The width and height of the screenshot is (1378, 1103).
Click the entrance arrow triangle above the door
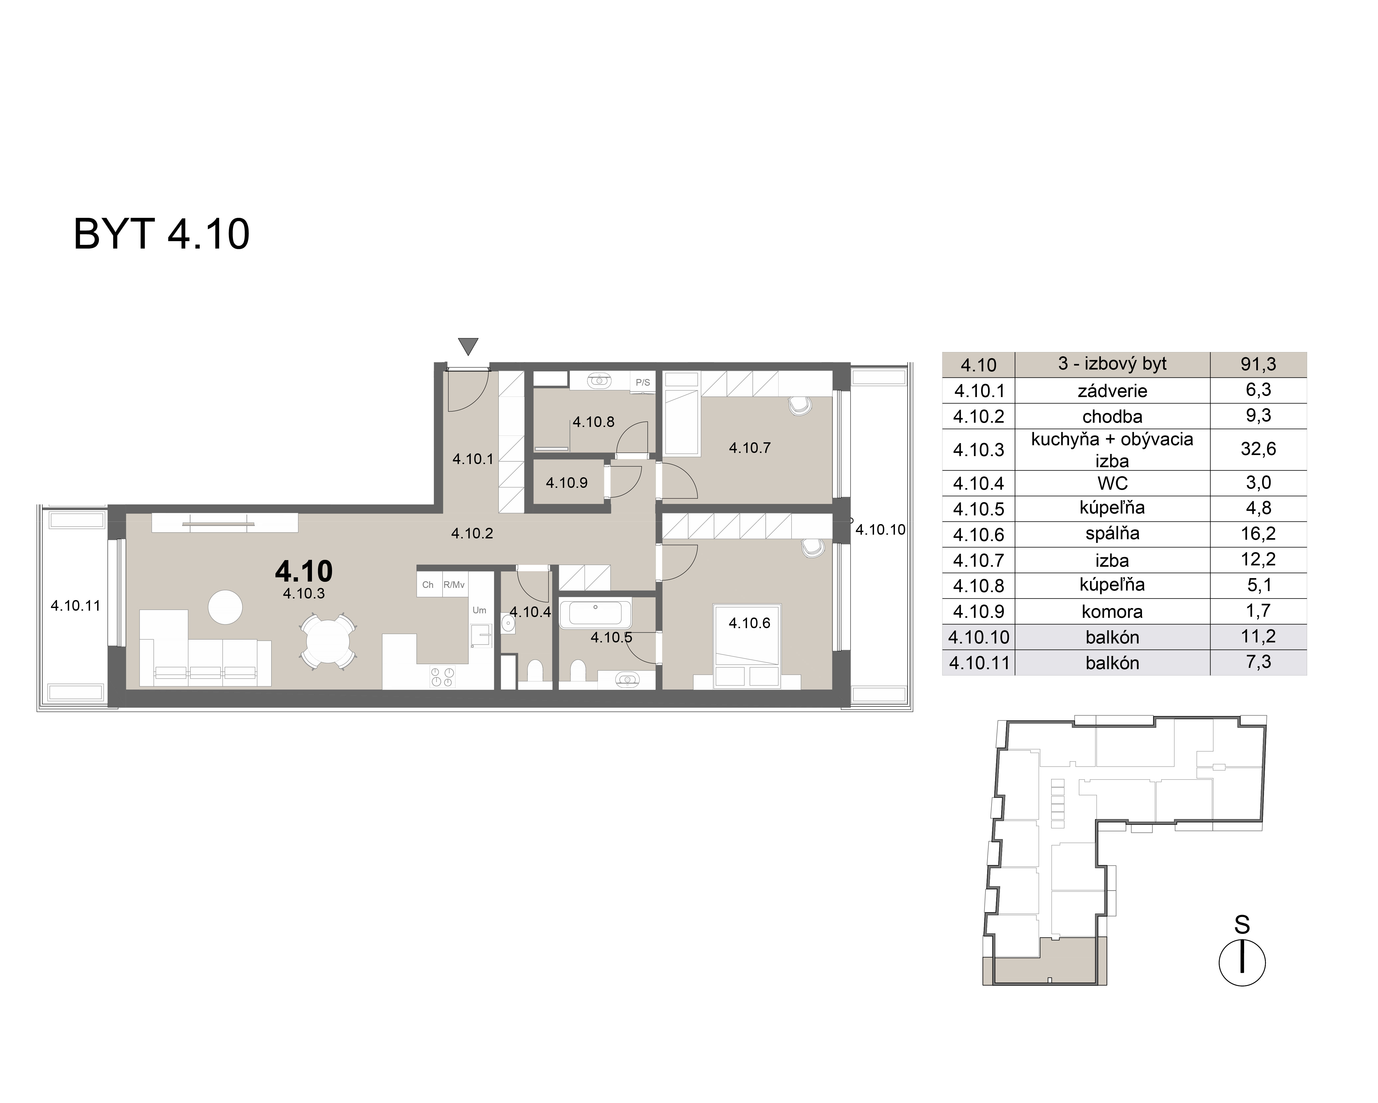pos(469,346)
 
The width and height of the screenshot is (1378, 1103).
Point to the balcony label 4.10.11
pos(75,606)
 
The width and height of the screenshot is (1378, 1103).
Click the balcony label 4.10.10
pos(880,529)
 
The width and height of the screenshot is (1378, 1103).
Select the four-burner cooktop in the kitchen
pos(442,677)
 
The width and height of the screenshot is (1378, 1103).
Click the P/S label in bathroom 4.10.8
pos(642,382)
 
